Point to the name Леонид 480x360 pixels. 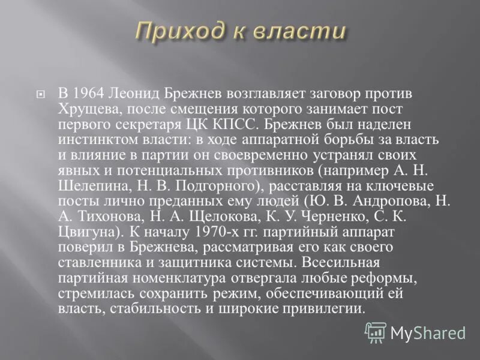coord(139,94)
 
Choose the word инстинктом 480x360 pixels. coord(99,140)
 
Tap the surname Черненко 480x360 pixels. coord(336,216)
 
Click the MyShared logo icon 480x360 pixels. coord(376,332)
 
